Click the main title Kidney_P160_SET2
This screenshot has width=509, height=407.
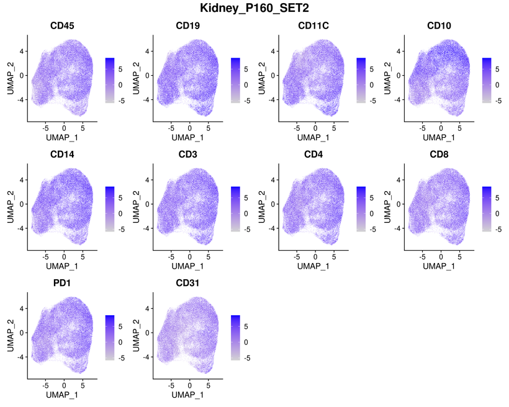[x=254, y=8]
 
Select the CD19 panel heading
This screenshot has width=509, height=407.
[x=187, y=26]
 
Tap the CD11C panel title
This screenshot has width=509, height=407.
[x=313, y=26]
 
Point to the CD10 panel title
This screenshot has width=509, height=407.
[x=439, y=26]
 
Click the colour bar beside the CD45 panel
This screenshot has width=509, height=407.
[x=110, y=79]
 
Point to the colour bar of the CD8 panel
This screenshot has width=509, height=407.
[x=487, y=208]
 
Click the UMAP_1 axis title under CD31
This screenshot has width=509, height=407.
[x=187, y=395]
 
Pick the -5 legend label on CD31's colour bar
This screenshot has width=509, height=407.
[x=248, y=358]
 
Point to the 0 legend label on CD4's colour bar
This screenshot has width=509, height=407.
[x=373, y=213]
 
